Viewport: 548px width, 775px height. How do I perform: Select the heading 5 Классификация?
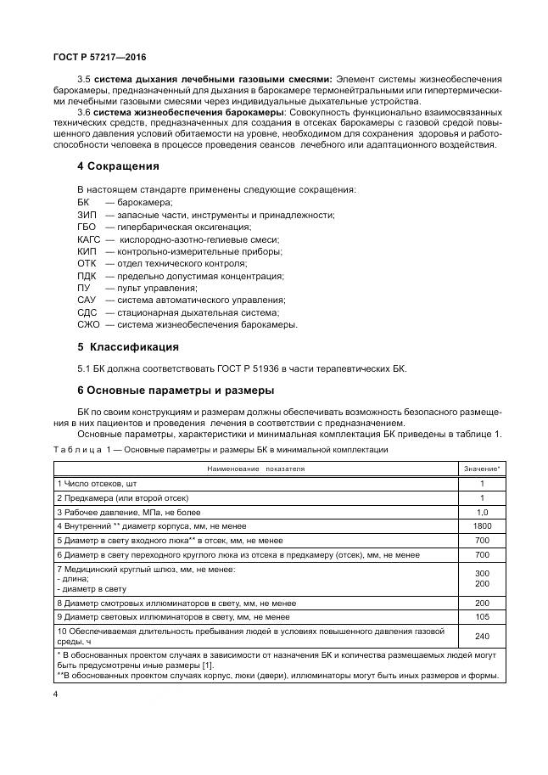click(128, 346)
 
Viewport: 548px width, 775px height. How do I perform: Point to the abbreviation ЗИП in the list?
click(87, 215)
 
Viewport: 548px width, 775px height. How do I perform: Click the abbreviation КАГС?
click(89, 239)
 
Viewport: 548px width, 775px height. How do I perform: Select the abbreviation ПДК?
click(87, 276)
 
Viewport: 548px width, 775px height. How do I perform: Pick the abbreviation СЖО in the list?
click(88, 324)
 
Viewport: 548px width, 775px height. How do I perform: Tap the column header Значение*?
click(481, 468)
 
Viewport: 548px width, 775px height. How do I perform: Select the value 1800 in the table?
click(481, 525)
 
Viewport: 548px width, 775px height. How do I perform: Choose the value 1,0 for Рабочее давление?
click(481, 512)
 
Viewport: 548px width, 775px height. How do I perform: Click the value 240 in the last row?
click(481, 636)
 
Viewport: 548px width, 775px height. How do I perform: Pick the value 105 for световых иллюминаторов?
click(481, 615)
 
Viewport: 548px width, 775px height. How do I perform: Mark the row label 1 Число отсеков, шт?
click(102, 482)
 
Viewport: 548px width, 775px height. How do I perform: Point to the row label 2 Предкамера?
click(122, 497)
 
